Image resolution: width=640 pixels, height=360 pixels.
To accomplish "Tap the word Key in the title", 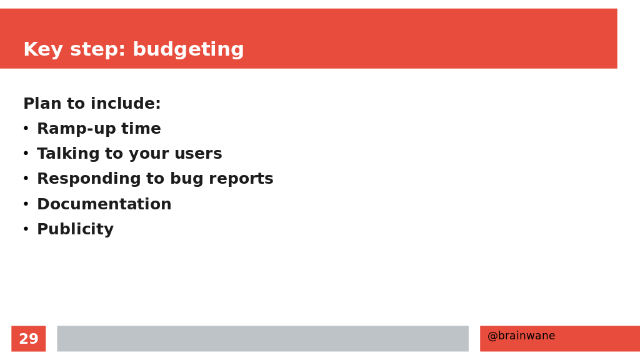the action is (43, 50).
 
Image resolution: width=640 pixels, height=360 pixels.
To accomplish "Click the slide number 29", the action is (29, 339).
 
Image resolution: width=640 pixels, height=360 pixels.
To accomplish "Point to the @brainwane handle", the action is (521, 336).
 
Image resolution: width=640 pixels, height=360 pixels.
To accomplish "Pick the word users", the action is (198, 154).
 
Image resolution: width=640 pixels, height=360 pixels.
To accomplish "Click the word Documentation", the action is (104, 204).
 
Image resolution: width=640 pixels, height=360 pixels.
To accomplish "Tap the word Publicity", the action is (75, 229).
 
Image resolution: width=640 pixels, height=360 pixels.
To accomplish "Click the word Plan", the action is (42, 103).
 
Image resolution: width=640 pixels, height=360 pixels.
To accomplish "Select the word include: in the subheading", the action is (125, 103).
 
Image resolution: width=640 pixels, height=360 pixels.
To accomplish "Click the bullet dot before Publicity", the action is (26, 229).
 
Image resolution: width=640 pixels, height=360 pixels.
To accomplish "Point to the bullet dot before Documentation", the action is (26, 204).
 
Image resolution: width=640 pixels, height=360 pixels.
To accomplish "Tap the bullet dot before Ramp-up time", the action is (26, 129).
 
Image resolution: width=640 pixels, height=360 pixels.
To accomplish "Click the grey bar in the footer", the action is (263, 338).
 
